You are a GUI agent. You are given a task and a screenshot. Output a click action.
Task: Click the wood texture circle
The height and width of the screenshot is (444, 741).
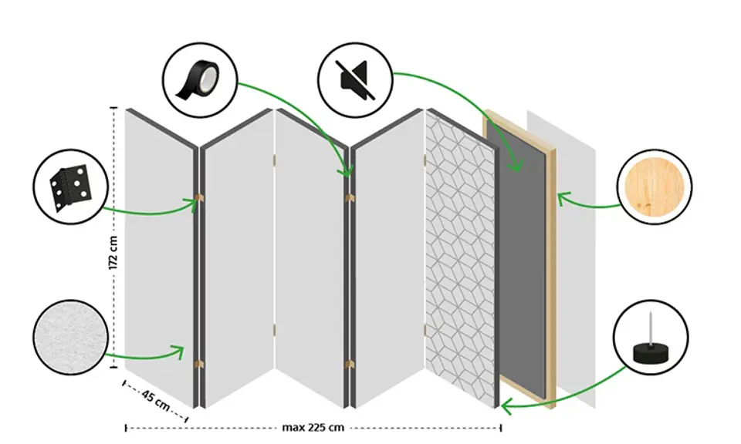(655, 187)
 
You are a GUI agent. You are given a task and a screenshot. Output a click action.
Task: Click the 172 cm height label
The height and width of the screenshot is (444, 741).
(113, 252)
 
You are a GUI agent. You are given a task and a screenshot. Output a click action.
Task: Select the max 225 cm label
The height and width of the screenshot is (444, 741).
(313, 427)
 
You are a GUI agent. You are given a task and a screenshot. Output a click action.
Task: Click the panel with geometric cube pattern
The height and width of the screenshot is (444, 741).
(461, 254)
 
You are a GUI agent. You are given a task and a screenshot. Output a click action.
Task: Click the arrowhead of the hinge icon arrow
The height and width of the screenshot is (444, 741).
(194, 203)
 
